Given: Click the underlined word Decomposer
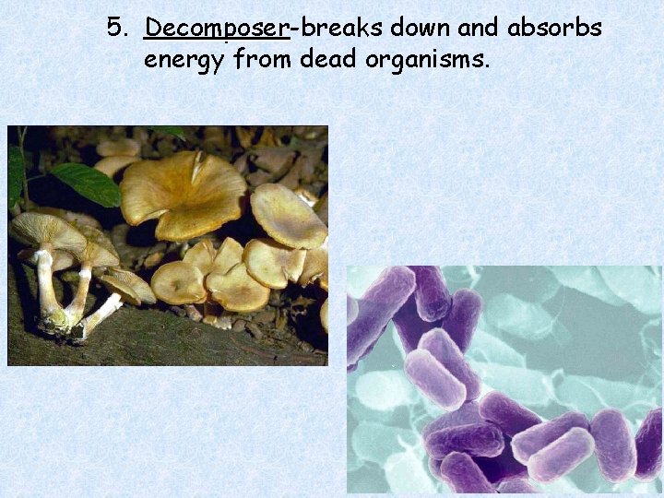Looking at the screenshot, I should [217, 30].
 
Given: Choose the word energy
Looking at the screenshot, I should [185, 62].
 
